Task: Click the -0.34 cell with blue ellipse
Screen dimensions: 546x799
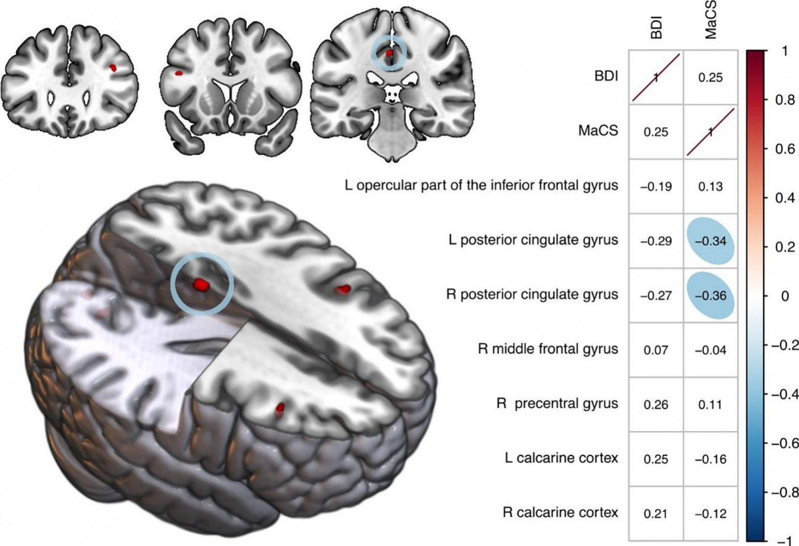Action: tap(711, 241)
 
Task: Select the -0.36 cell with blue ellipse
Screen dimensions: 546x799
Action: tap(711, 296)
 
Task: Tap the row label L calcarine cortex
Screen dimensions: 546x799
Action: tap(561, 458)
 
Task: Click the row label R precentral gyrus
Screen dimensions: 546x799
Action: tap(557, 404)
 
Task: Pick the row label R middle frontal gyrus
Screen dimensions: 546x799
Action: tap(548, 349)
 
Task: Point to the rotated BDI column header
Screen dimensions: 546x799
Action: tap(656, 28)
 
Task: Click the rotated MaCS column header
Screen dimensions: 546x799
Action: tap(710, 20)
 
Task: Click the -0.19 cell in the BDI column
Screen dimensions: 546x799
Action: tap(656, 186)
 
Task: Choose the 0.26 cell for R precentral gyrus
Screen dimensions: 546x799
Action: tap(656, 405)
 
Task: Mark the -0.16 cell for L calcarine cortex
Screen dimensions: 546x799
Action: tap(711, 459)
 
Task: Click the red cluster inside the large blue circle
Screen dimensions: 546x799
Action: tap(201, 285)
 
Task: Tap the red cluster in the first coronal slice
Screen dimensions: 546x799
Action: tap(113, 68)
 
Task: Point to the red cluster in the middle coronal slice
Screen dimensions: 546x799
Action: tap(179, 73)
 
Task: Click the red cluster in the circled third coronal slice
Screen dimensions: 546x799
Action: tap(389, 52)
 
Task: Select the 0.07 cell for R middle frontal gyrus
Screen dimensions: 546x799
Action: tap(656, 350)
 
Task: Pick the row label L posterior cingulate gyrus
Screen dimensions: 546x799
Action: tap(533, 240)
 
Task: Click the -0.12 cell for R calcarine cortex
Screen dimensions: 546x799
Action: tap(711, 513)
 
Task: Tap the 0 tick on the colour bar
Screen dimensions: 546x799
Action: tap(785, 296)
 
